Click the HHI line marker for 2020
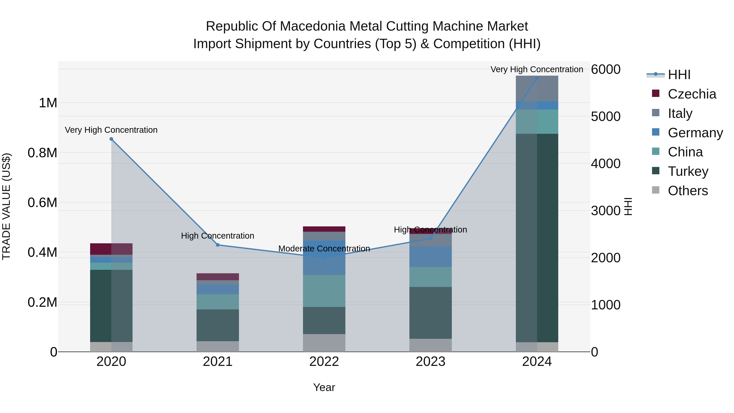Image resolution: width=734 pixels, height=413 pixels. click(x=111, y=139)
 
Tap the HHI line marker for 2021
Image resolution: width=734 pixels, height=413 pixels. click(x=218, y=245)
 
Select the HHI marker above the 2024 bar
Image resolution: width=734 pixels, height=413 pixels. click(x=537, y=78)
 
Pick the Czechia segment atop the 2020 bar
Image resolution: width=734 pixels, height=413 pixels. click(x=111, y=249)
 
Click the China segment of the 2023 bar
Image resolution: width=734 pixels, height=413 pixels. click(x=431, y=277)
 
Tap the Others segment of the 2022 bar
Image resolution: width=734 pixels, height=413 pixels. click(x=324, y=343)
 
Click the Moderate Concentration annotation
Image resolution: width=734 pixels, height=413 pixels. click(x=324, y=249)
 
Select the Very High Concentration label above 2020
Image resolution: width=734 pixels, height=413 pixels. click(x=111, y=130)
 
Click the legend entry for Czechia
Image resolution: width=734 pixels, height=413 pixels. click(x=692, y=94)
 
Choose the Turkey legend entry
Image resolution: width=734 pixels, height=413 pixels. click(x=688, y=171)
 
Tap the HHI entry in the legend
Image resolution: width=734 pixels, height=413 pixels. click(x=679, y=75)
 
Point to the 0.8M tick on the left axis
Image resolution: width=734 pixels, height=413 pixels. click(x=42, y=153)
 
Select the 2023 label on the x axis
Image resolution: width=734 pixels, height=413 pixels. click(x=431, y=361)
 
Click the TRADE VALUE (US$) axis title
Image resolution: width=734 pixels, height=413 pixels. click(x=6, y=206)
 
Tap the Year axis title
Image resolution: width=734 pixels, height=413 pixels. click(x=324, y=387)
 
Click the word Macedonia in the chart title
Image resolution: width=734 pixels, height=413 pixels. click(x=314, y=26)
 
